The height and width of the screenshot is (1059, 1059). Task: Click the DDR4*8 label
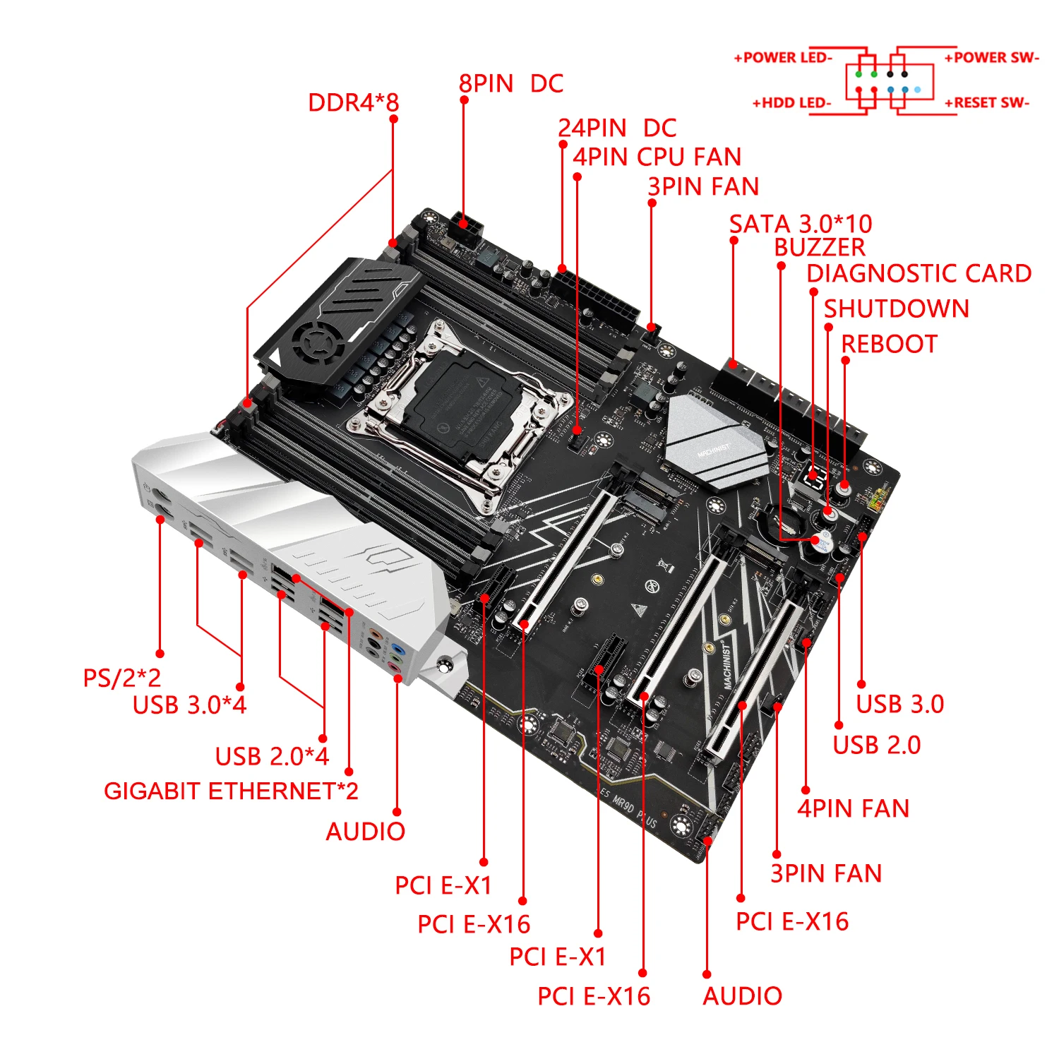click(353, 103)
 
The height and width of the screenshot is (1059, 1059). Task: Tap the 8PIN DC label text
click(510, 84)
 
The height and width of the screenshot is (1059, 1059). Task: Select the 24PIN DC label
click(616, 128)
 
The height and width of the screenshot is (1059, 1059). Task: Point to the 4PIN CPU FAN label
click(657, 157)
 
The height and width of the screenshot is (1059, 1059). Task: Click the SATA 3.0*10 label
click(800, 225)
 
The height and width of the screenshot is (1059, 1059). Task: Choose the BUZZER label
click(819, 248)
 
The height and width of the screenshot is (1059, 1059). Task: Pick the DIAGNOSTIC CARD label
click(919, 274)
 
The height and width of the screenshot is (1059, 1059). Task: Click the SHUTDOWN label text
click(896, 309)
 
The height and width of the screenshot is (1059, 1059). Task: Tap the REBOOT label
click(889, 345)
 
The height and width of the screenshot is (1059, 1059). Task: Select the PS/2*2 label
click(121, 678)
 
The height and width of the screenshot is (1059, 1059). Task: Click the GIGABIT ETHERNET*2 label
click(231, 791)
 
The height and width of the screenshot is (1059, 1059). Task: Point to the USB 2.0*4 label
click(272, 757)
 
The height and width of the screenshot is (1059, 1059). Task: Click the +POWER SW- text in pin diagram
click(991, 58)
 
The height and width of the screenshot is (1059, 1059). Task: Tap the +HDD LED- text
click(791, 103)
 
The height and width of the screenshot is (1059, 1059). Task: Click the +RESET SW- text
click(986, 103)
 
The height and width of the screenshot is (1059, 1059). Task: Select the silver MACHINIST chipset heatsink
click(714, 441)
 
